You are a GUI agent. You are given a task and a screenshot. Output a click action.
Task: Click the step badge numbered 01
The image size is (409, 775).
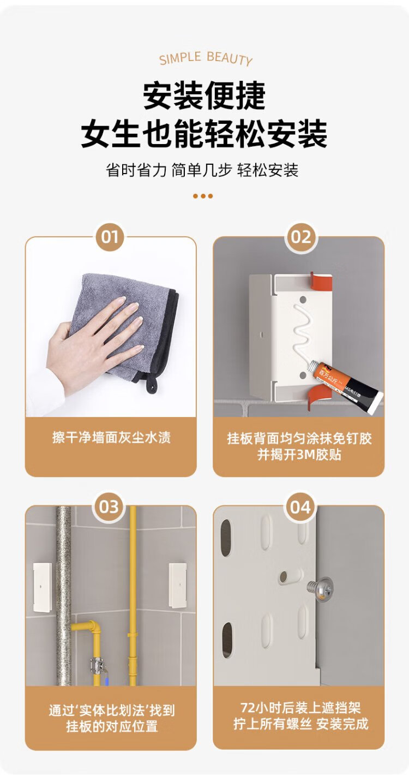coord(109,237)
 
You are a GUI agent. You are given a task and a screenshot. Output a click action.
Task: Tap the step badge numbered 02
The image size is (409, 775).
coord(300,237)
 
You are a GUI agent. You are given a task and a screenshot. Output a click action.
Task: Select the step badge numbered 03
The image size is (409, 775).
coord(109,507)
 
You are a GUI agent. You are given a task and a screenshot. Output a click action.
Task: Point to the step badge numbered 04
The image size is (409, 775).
coord(300,507)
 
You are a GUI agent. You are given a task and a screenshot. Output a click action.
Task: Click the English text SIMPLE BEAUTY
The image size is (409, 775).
coord(206,58)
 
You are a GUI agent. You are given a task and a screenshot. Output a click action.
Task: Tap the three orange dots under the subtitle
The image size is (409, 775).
coord(203,196)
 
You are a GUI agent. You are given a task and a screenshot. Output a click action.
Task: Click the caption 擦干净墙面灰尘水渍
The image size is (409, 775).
coord(111,438)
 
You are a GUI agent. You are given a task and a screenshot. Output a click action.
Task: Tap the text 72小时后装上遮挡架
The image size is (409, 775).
coord(300,708)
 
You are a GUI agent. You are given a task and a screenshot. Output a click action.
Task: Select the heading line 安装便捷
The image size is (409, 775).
coord(204,96)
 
